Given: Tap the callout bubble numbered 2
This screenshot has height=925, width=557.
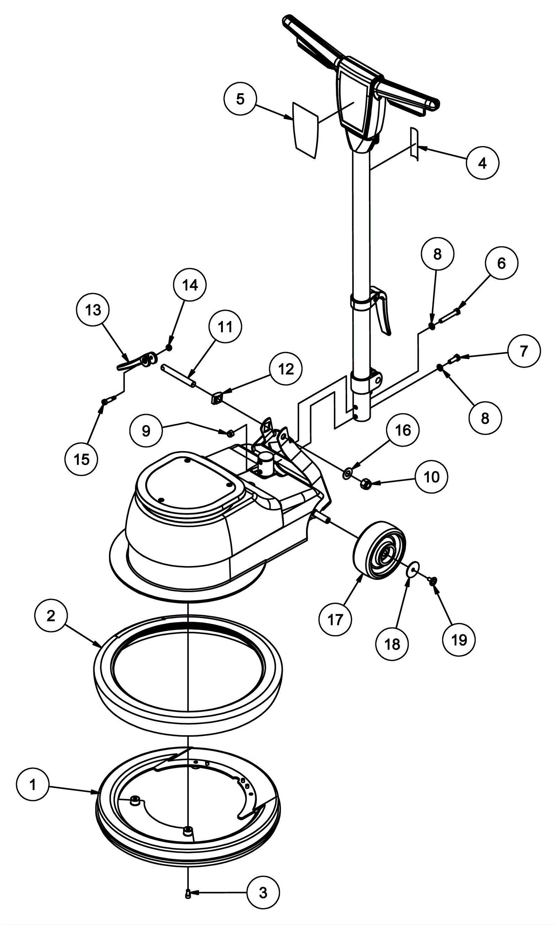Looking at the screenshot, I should (51, 616).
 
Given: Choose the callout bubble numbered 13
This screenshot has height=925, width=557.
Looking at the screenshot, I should (93, 310).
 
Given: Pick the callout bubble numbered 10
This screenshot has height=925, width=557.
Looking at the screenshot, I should (431, 477).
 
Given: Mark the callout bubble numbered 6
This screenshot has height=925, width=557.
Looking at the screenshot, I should (501, 263).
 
